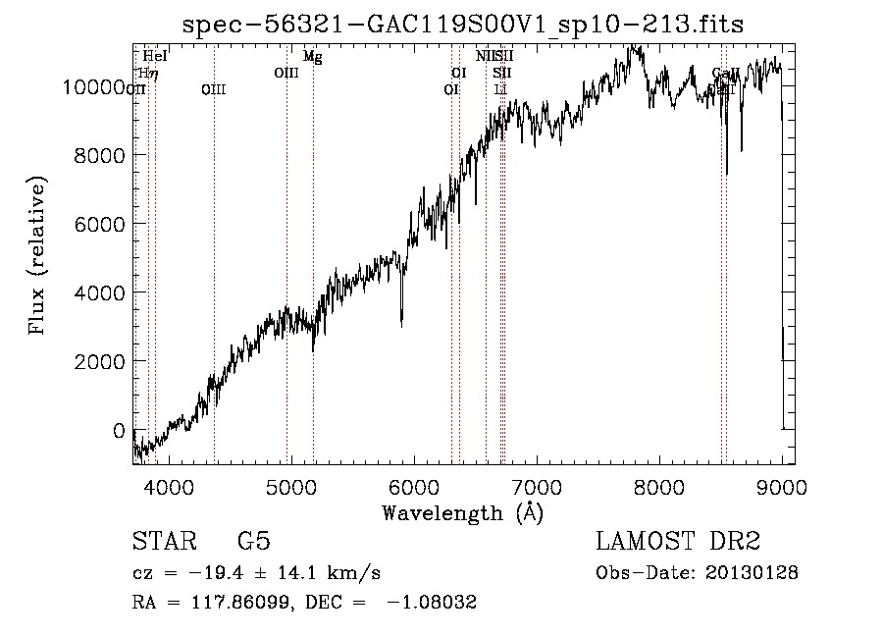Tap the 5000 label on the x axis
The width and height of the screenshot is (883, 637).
[x=292, y=487]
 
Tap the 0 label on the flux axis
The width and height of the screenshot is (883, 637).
[x=119, y=430]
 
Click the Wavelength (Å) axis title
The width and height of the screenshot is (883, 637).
[x=463, y=512]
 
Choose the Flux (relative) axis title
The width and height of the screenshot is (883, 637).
[x=38, y=257]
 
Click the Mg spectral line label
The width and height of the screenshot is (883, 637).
[x=312, y=57]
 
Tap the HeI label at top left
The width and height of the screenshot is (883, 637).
[x=155, y=57]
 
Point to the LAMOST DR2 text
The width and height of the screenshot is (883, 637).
[x=678, y=542]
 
